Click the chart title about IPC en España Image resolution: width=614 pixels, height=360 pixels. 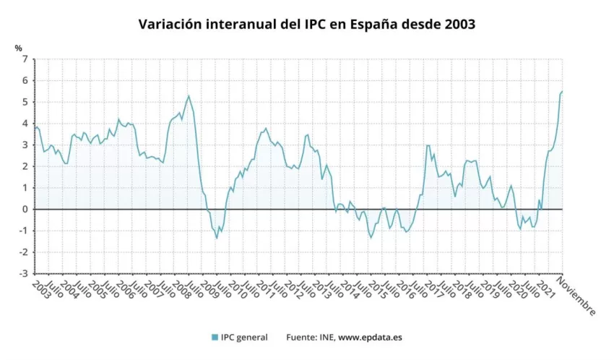(x=306, y=24)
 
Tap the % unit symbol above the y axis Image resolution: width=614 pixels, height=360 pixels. (x=18, y=48)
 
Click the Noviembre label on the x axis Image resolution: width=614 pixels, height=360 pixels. (x=578, y=297)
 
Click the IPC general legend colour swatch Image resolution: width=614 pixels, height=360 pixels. (x=215, y=338)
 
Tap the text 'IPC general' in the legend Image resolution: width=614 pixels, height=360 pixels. (x=244, y=338)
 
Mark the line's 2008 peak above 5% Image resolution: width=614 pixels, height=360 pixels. (x=189, y=95)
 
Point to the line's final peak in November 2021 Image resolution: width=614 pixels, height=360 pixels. (x=562, y=91)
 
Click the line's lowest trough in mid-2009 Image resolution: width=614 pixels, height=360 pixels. (x=217, y=238)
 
